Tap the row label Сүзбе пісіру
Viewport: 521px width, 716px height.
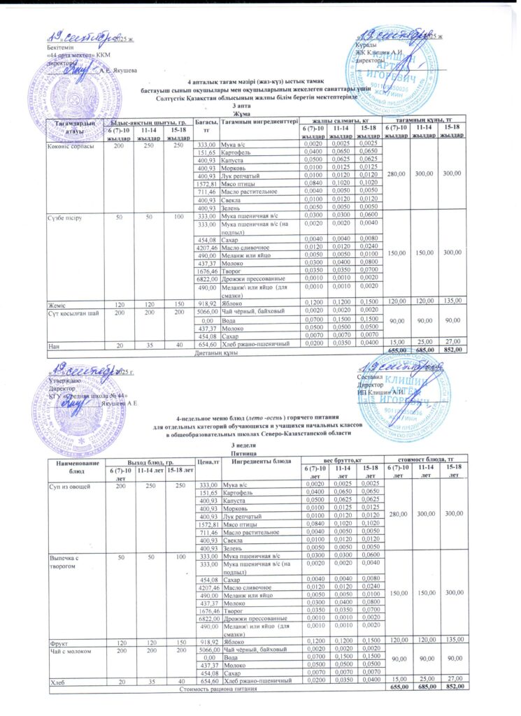point(62,218)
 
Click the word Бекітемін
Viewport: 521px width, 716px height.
point(57,47)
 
